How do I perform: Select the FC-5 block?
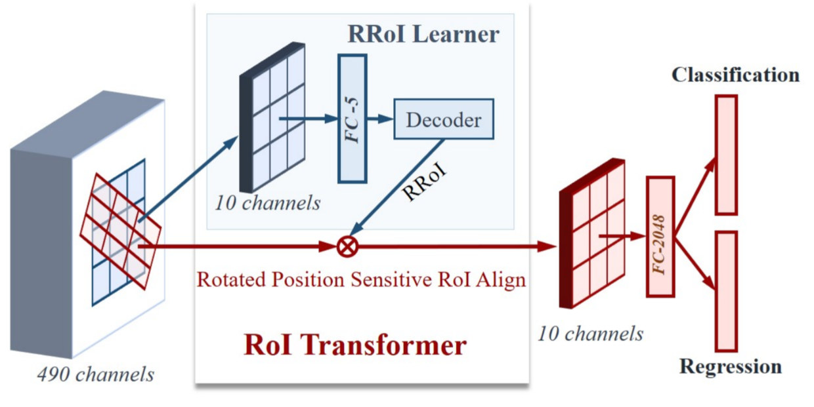[352, 118]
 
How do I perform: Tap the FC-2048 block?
[660, 237]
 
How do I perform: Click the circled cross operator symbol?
[346, 246]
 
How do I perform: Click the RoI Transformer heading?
[354, 345]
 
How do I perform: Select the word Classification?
[735, 75]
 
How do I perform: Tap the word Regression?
[730, 366]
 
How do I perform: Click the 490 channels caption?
[96, 374]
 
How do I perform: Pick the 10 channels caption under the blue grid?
[267, 203]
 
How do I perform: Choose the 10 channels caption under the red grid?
[590, 334]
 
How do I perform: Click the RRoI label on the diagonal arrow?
[425, 183]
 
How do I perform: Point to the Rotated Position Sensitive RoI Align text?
[362, 280]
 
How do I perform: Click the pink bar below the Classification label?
[726, 155]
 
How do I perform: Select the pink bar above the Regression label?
[725, 290]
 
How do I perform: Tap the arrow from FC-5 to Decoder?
[379, 119]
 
